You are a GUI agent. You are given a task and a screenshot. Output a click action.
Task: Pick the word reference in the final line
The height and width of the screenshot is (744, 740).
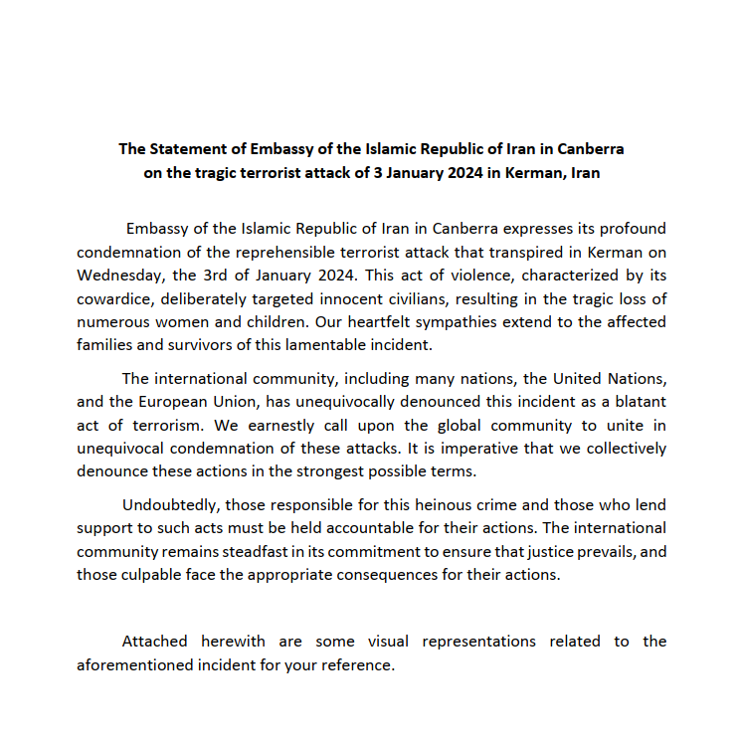(354, 665)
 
